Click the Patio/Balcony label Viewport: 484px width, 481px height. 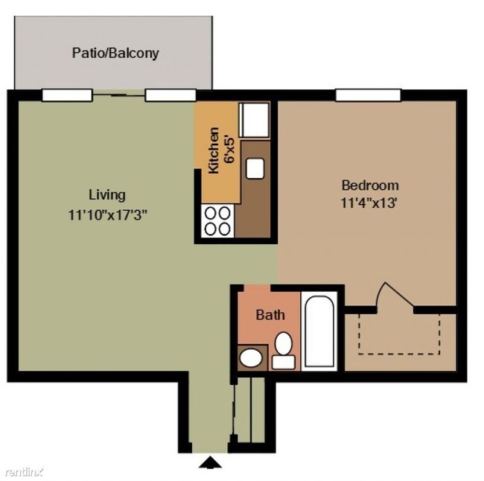pyautogui.click(x=115, y=54)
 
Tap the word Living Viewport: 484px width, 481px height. pyautogui.click(x=107, y=195)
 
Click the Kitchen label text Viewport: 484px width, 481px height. pyautogui.click(x=214, y=150)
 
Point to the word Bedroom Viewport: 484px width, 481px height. pyautogui.click(x=369, y=185)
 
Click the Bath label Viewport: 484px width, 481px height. pyautogui.click(x=270, y=315)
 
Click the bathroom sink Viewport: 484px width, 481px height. pyautogui.click(x=251, y=358)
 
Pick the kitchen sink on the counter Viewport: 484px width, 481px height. pyautogui.click(x=255, y=168)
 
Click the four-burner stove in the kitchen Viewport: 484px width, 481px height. pyautogui.click(x=217, y=221)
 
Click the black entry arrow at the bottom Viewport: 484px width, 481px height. pyautogui.click(x=211, y=463)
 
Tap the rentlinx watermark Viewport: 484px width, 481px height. pyautogui.click(x=24, y=471)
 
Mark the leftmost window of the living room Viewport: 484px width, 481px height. pyautogui.click(x=66, y=95)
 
